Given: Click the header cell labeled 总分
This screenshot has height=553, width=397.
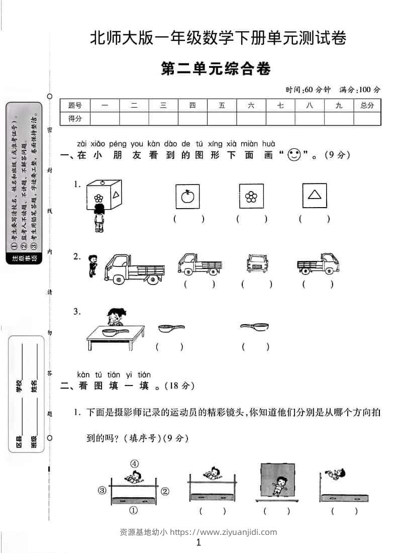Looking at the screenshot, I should click(x=367, y=106).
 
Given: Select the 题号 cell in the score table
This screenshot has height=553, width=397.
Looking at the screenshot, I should click(x=75, y=106).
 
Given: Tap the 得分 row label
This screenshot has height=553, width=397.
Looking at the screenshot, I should click(x=75, y=119).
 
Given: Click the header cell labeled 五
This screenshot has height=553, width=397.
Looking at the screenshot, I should click(x=222, y=106).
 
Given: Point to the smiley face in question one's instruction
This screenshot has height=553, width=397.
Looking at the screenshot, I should click(x=294, y=155).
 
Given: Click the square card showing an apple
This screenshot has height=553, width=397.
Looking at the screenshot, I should click(x=187, y=196).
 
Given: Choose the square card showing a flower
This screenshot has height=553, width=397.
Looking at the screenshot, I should click(x=251, y=196).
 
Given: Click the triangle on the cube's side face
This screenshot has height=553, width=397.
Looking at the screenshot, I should click(x=116, y=195).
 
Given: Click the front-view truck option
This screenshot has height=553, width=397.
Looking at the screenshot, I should click(x=256, y=263).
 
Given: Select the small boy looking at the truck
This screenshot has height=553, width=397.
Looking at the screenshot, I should click(x=91, y=265).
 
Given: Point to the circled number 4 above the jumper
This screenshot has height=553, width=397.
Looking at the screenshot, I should click(x=134, y=464).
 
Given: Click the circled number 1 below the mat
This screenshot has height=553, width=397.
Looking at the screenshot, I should click(x=134, y=510).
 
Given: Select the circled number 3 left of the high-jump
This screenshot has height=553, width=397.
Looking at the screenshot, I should click(x=102, y=490).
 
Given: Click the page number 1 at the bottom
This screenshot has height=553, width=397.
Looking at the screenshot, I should click(x=198, y=542).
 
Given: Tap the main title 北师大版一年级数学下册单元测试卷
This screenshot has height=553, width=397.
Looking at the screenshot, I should click(x=218, y=39).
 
